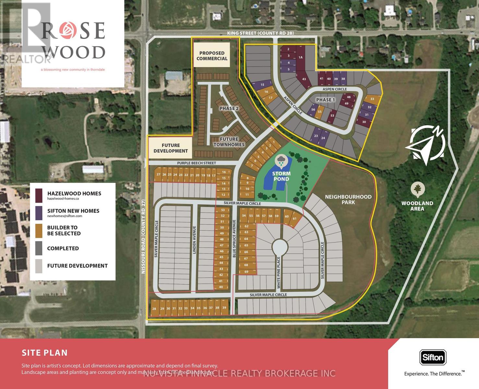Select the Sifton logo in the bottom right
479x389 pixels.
(433, 358)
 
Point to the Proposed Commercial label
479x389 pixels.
(212, 55)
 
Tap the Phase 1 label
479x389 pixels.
(326, 100)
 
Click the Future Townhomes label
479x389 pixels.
(229, 142)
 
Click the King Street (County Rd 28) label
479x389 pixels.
(260, 33)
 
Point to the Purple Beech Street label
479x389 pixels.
(197, 163)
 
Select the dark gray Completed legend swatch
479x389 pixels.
(39, 248)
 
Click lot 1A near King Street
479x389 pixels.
(300, 57)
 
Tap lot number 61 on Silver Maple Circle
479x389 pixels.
(294, 218)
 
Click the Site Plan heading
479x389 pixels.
(45, 353)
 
